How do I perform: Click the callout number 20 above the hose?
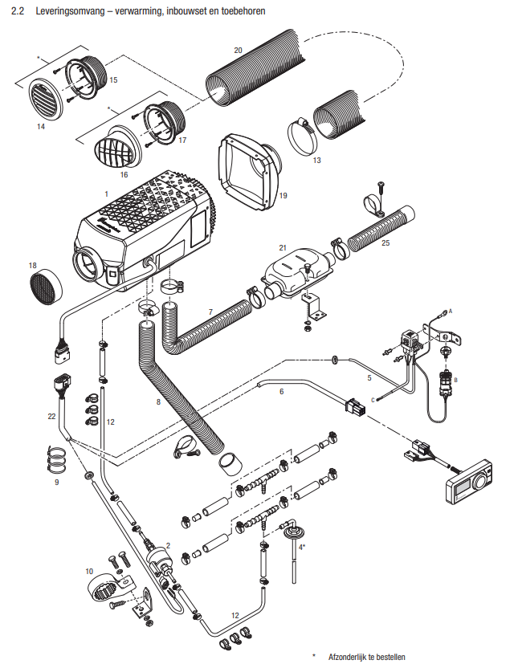click(238, 50)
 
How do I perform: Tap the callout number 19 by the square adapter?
click(283, 195)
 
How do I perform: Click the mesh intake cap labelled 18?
click(47, 284)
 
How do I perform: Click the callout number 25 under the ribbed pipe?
click(386, 242)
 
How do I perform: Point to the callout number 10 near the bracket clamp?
click(89, 571)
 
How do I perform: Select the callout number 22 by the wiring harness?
click(51, 416)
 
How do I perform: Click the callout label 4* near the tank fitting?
click(302, 546)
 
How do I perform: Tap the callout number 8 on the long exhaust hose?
click(158, 401)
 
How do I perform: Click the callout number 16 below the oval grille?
click(124, 173)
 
